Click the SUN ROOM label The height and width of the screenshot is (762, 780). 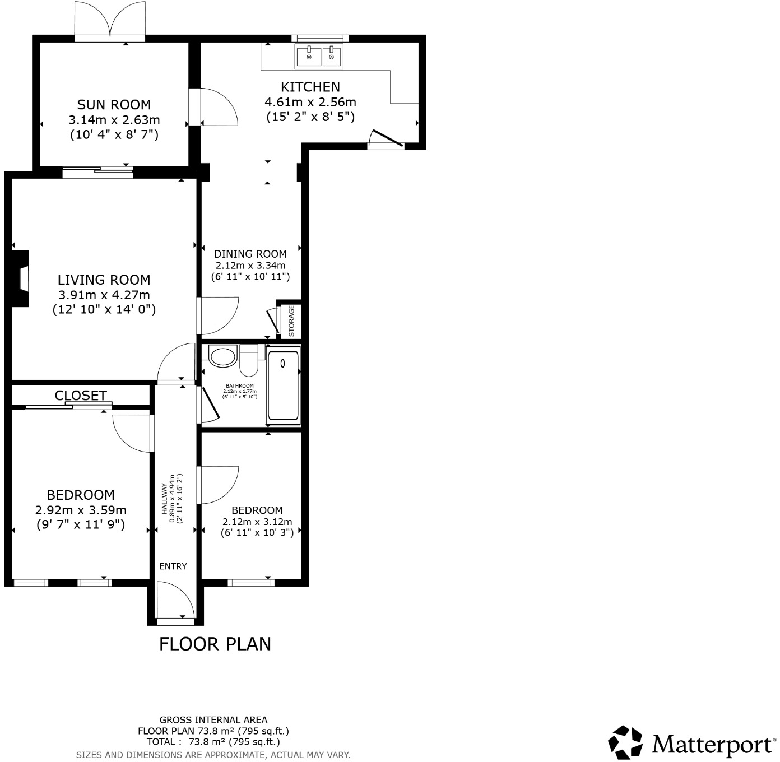(x=114, y=105)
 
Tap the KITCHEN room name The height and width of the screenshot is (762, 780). (x=310, y=87)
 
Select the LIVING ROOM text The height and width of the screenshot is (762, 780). (x=104, y=280)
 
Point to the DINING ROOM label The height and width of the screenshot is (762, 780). (x=250, y=254)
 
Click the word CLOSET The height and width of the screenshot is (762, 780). (x=80, y=395)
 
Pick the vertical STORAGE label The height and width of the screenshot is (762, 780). (x=291, y=321)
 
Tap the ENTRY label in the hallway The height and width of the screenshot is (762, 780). (x=173, y=566)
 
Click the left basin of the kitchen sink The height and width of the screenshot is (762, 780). (x=309, y=57)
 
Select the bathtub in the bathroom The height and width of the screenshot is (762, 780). (x=284, y=387)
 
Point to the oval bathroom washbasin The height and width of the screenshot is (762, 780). (x=222, y=356)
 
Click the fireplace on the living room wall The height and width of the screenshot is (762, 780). (x=20, y=278)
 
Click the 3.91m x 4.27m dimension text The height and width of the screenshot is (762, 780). (x=104, y=295)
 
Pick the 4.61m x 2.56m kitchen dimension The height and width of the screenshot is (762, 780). (x=310, y=102)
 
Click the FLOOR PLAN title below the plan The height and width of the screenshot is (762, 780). (x=215, y=644)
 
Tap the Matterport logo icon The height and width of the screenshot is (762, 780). (x=625, y=743)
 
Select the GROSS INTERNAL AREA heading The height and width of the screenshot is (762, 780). (x=213, y=720)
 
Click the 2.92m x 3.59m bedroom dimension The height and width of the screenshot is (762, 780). (x=80, y=510)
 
